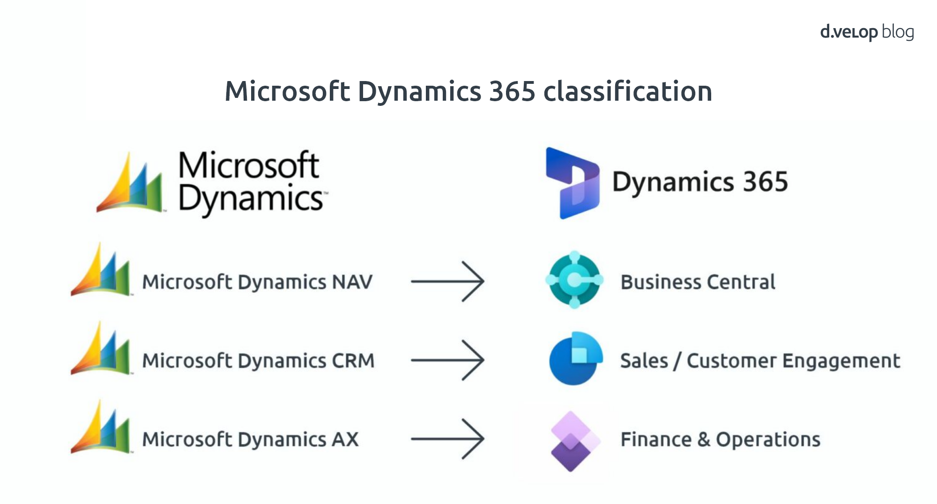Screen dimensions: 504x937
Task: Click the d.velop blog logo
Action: coord(867,32)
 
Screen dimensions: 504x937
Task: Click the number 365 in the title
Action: coord(512,91)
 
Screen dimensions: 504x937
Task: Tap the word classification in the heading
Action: coord(628,91)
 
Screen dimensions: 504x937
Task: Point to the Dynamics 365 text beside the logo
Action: coord(700,182)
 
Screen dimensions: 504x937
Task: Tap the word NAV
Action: coord(352,282)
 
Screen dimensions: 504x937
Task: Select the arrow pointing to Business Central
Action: coord(447,282)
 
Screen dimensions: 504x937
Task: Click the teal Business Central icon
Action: coord(574,280)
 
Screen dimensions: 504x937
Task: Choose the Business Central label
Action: coord(698,282)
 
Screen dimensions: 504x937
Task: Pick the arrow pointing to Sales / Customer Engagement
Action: coord(447,360)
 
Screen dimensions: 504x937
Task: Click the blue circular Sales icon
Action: coord(575,359)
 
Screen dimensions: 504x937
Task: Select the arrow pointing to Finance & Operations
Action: coord(447,439)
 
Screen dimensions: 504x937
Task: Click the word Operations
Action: coord(768,439)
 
